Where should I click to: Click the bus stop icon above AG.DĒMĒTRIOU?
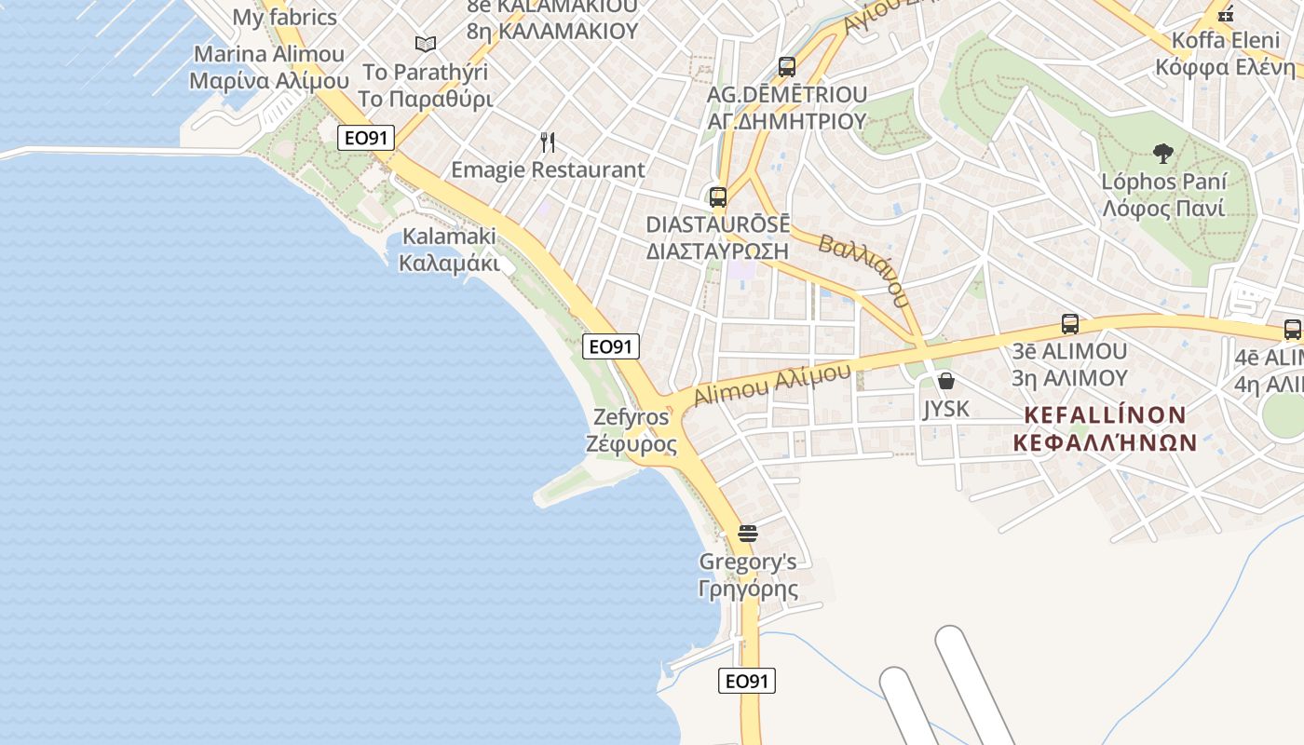point(787,67)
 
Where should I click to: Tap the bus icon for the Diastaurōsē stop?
point(717,197)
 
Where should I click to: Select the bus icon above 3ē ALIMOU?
point(1070,324)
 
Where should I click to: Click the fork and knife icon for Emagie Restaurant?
point(548,142)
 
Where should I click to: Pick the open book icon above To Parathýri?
point(426,44)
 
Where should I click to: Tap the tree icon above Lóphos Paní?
point(1162,154)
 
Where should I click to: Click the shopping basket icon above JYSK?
point(946,381)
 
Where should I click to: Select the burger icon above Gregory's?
point(747,534)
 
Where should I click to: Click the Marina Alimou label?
point(268,67)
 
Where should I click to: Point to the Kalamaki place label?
point(448,250)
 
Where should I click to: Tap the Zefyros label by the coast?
point(632,430)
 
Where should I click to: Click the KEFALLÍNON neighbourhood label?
point(1105,428)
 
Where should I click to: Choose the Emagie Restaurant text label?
point(548,169)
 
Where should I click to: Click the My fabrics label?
point(284,17)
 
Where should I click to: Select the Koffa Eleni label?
point(1225,54)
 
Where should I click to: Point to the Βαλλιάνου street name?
point(863,271)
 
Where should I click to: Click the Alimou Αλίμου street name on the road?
point(772,385)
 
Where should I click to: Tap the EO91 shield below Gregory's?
point(747,681)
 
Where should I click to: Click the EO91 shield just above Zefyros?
point(611,346)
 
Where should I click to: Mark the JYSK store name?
point(946,409)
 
